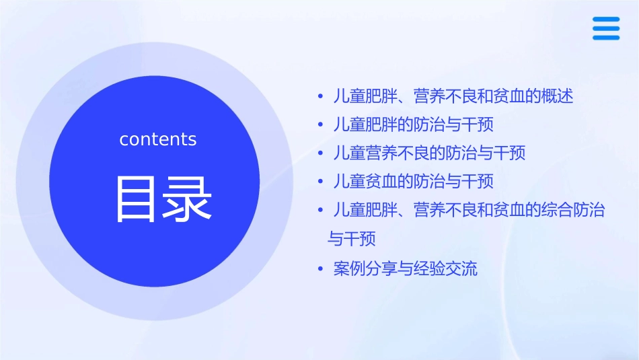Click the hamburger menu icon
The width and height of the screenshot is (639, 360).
tap(605, 28)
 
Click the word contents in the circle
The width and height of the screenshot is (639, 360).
tap(158, 139)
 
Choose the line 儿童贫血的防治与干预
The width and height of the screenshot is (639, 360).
tap(413, 181)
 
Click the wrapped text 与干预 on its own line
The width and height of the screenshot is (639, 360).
tap(351, 239)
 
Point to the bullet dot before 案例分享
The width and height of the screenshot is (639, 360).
tap(321, 270)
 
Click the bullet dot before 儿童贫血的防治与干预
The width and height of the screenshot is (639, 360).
tap(321, 181)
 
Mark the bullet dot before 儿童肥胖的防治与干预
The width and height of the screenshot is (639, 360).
tap(321, 124)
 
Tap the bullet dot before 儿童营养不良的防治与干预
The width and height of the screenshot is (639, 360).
tap(321, 153)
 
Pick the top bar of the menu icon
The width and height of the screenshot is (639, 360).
tap(605, 20)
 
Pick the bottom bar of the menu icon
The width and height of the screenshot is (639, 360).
tap(605, 37)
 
